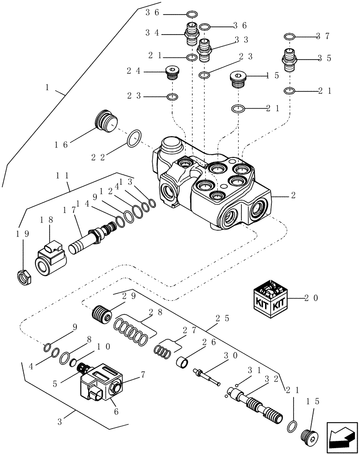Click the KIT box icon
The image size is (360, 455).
pos(270,298)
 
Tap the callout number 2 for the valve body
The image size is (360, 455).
pos(294,195)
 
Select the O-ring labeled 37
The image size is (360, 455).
pos(290,36)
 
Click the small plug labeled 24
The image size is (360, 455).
pos(172,72)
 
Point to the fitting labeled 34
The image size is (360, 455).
pos(191,34)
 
